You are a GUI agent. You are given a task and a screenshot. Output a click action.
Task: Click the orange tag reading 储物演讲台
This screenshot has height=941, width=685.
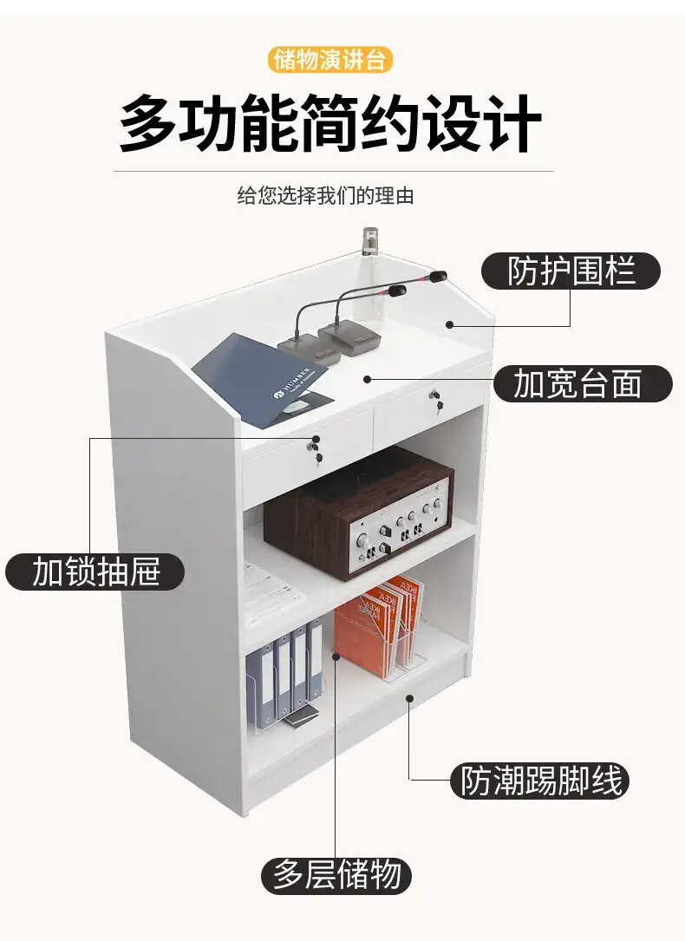(329, 60)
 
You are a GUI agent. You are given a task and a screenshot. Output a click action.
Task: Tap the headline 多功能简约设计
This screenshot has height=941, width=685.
(329, 124)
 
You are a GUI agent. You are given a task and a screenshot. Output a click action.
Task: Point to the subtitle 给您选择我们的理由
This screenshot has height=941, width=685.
(326, 196)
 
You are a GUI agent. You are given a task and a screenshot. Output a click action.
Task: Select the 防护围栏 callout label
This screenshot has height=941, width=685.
(571, 271)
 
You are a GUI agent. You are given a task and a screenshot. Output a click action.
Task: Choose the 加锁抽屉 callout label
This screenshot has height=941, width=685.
(95, 572)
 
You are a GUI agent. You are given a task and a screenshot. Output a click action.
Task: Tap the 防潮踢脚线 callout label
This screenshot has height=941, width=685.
(540, 781)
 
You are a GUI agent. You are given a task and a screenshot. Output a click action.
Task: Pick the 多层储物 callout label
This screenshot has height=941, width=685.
(336, 875)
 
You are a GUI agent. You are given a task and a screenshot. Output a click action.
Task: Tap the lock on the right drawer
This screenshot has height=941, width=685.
(436, 401)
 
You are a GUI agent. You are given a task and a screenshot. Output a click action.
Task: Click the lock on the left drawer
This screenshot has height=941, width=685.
(316, 450)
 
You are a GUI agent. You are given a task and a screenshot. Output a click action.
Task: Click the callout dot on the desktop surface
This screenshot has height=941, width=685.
(367, 379)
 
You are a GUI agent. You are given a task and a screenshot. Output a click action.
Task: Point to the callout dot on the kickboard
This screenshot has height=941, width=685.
(409, 697)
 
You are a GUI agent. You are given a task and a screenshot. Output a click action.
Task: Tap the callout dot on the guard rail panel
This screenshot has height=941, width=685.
(449, 324)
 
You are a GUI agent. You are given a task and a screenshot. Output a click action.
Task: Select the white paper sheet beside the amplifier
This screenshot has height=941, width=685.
(272, 594)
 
